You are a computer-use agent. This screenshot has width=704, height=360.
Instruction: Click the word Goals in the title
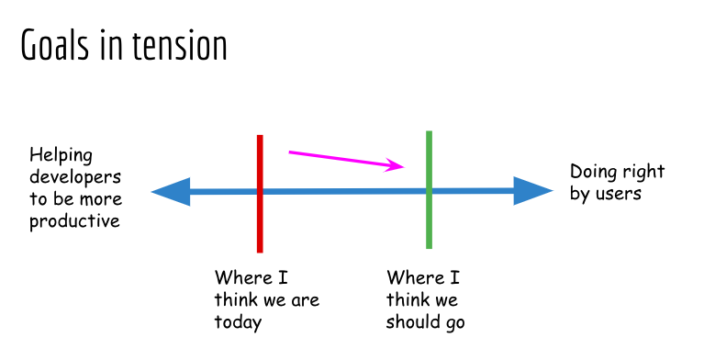point(55,44)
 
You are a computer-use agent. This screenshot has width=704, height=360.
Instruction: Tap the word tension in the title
point(180,45)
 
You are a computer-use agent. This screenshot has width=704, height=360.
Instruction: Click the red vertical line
point(260,194)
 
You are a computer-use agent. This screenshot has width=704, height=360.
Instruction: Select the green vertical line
point(430,190)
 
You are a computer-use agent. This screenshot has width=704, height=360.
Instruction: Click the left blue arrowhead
point(171,191)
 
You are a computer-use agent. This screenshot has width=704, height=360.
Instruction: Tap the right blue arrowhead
point(533,191)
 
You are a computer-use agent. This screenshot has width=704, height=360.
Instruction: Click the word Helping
point(61,155)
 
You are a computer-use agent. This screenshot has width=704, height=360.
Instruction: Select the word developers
point(75,176)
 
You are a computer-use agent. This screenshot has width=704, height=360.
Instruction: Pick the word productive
point(74,221)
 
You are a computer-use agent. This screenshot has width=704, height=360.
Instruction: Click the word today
point(238,322)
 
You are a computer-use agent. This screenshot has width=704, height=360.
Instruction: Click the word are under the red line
point(306,300)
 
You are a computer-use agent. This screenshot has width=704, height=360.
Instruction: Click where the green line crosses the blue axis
point(430,191)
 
